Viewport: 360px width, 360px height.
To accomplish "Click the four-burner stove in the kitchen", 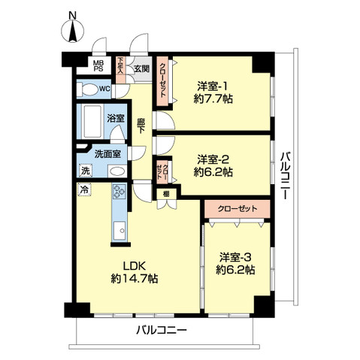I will pyautogui.click(x=119, y=192).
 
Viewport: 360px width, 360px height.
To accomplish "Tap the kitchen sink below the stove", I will pyautogui.click(x=118, y=230).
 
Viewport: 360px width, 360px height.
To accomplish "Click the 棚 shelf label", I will pyautogui.click(x=165, y=193).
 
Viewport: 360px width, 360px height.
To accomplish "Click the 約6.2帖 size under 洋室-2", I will pyautogui.click(x=214, y=172).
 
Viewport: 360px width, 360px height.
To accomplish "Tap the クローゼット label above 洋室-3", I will pyautogui.click(x=236, y=208).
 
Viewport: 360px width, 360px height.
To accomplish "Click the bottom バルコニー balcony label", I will pyautogui.click(x=161, y=330).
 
